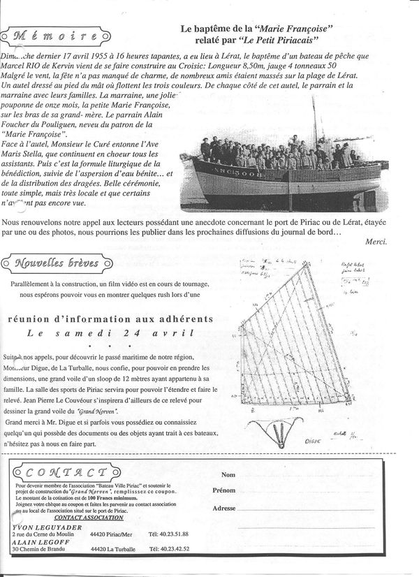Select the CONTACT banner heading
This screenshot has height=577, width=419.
pos(61,473)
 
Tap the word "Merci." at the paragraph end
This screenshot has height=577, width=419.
pos(376,241)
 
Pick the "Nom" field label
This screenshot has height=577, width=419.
pos(228,475)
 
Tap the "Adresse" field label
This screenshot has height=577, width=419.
pos(224,508)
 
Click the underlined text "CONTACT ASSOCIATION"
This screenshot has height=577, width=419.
pos(89,518)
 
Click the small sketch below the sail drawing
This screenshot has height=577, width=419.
pos(280,430)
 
